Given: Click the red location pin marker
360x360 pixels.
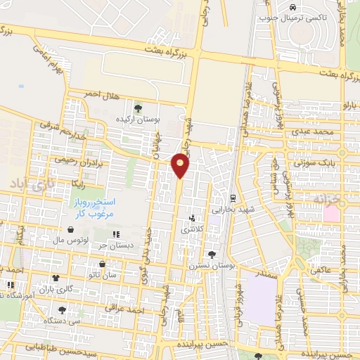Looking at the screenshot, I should tap(181, 165).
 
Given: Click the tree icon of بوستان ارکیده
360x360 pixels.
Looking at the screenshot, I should tap(137, 108).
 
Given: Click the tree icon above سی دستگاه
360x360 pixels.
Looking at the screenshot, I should tap(62, 309).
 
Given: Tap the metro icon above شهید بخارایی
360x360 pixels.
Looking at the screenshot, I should tap(233, 198).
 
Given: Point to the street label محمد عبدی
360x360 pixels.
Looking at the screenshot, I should tap(313, 131).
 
